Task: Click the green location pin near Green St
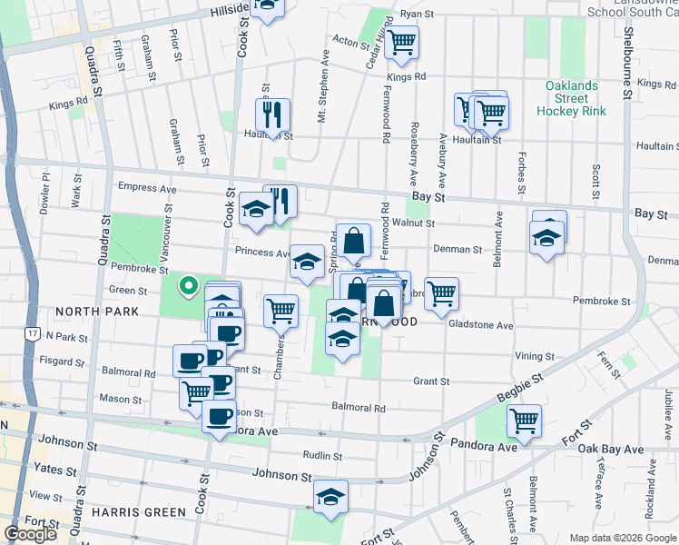[x=188, y=286]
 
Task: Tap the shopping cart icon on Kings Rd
[x=400, y=41]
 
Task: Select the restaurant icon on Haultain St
[x=272, y=114]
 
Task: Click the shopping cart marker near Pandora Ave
[x=524, y=420]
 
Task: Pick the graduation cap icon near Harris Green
[x=330, y=497]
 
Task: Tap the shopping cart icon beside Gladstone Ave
[x=441, y=292]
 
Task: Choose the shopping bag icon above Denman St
[x=353, y=241]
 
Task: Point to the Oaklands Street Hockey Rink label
[x=572, y=98]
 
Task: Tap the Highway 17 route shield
[x=32, y=334]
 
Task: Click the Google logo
[x=30, y=534]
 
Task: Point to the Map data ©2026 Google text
[x=622, y=538]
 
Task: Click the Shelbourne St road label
[x=627, y=54]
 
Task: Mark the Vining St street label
[x=534, y=356]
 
